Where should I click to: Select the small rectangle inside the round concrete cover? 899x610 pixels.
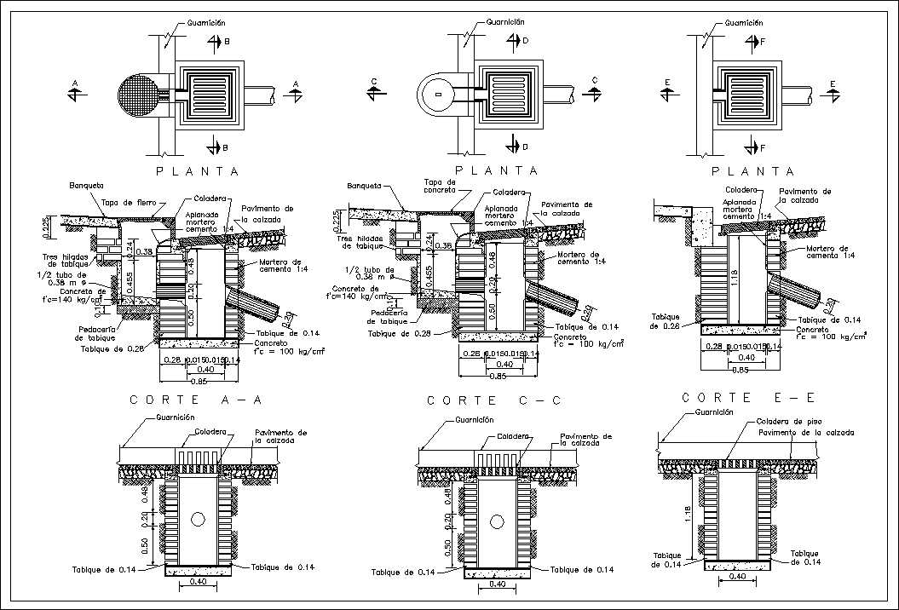coord(438,94)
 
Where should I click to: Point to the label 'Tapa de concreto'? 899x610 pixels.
coord(441,186)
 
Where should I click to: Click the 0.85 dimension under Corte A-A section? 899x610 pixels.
coord(199,381)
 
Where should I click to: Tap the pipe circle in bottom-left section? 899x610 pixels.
coord(199,518)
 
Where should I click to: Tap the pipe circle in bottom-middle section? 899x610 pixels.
coord(496,520)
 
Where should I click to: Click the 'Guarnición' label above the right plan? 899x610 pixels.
coord(743,24)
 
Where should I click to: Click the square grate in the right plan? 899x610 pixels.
coord(749,93)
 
